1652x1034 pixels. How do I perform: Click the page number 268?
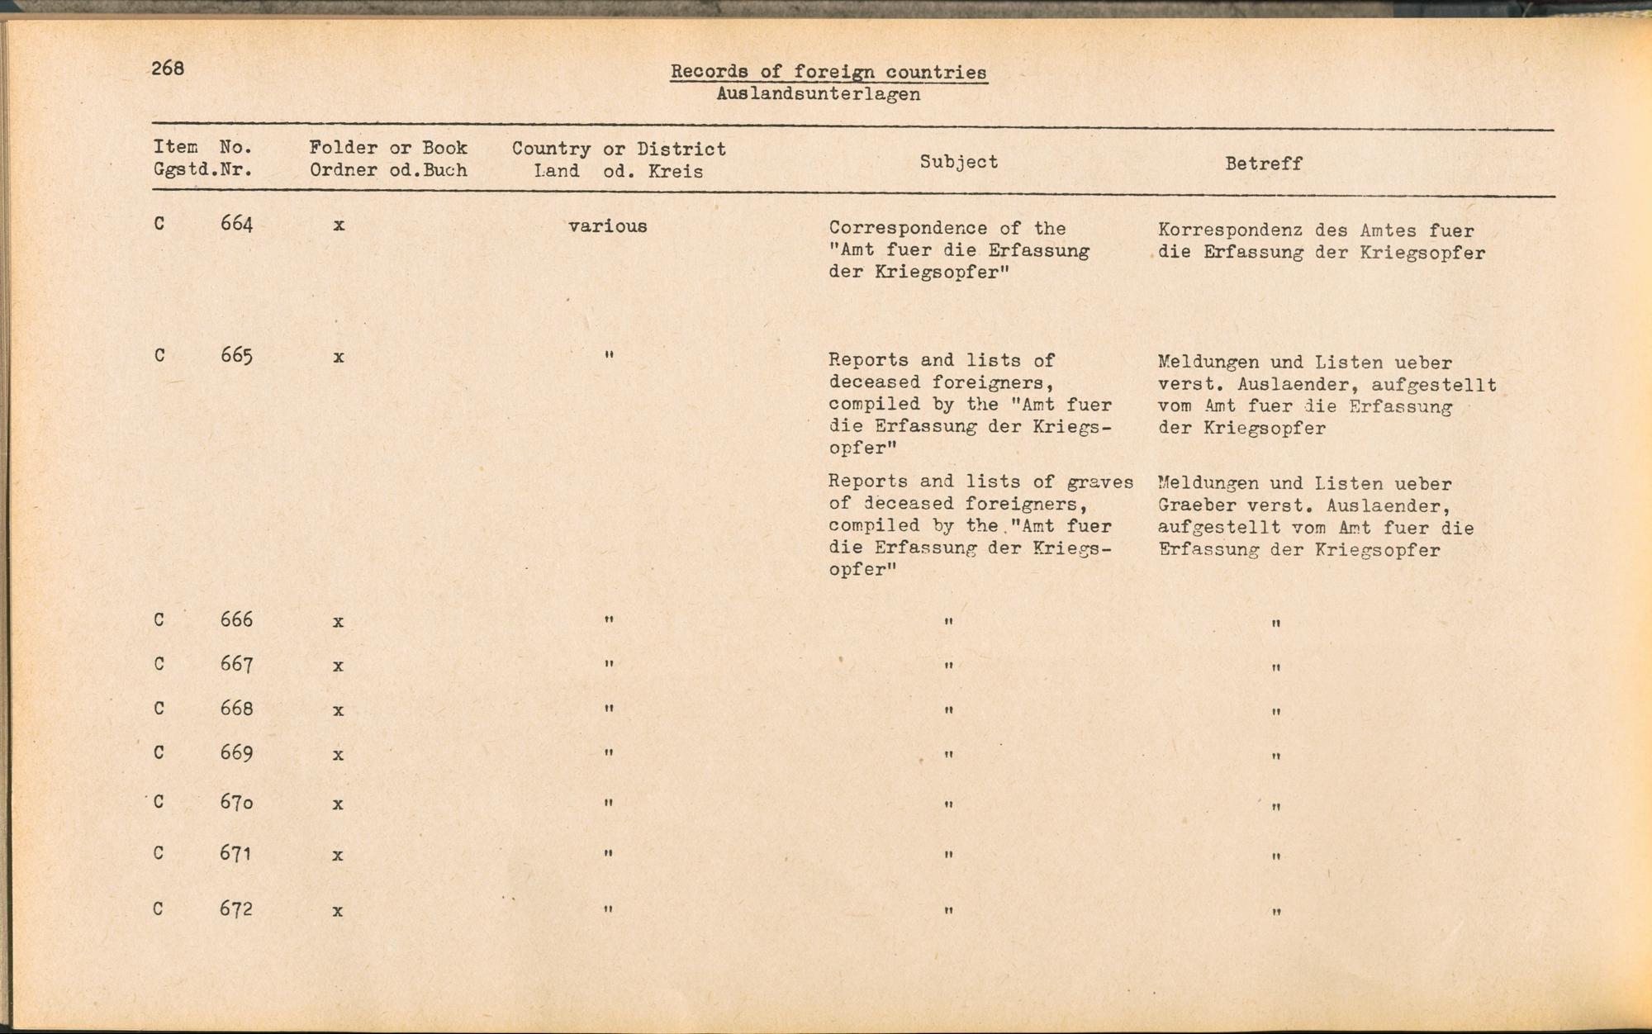coord(168,69)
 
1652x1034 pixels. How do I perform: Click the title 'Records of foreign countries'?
coord(828,72)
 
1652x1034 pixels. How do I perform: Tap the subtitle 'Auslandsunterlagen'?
coord(818,94)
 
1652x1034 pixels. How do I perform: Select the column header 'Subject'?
coord(958,162)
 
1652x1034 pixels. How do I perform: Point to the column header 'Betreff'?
coord(1263,164)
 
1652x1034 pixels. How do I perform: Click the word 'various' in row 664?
coord(607,226)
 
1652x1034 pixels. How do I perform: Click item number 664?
coord(236,224)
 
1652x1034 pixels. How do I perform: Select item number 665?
coord(236,356)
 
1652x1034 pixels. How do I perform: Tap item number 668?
coord(236,709)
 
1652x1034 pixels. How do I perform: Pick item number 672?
coord(236,909)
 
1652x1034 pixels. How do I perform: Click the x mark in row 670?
coord(338,804)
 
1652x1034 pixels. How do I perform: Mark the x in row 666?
coord(338,622)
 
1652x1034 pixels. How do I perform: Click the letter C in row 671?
coord(159,852)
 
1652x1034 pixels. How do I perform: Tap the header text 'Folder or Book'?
coord(388,148)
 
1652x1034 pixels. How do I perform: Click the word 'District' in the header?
coord(681,149)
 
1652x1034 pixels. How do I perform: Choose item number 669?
coord(236,753)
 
